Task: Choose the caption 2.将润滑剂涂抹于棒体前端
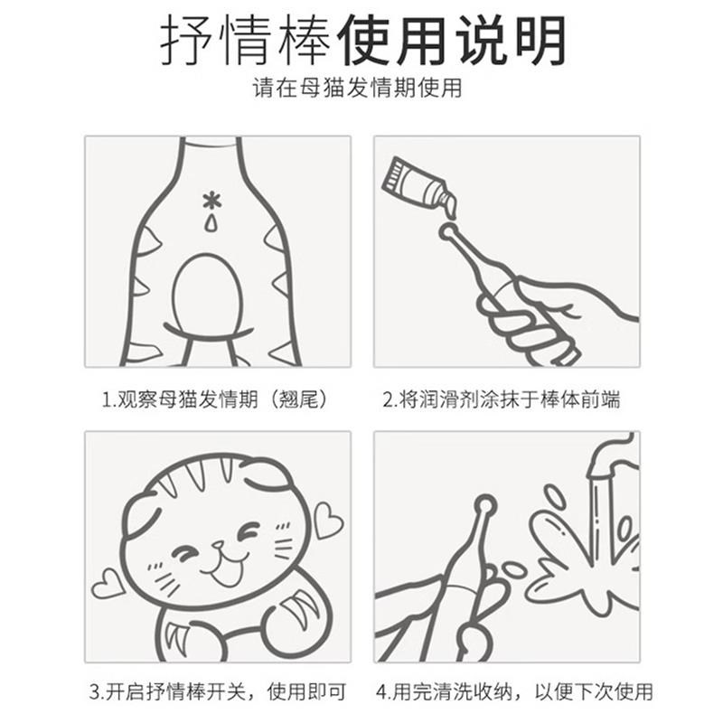pos(502,399)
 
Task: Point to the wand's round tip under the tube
pos(446,232)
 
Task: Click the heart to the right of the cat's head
pos(328,523)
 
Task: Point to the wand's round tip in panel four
pos(486,503)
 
